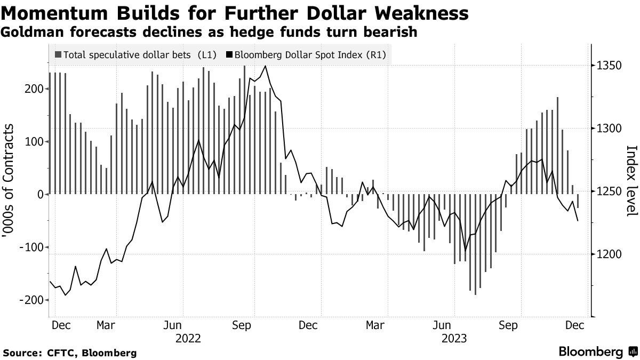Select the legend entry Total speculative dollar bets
pyautogui.click(x=126, y=54)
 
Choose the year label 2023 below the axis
pyautogui.click(x=455, y=338)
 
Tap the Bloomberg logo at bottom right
pyautogui.click(x=598, y=352)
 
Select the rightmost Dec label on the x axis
pyautogui.click(x=574, y=325)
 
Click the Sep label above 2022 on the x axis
pyautogui.click(x=243, y=325)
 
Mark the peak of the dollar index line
pyautogui.click(x=265, y=66)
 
